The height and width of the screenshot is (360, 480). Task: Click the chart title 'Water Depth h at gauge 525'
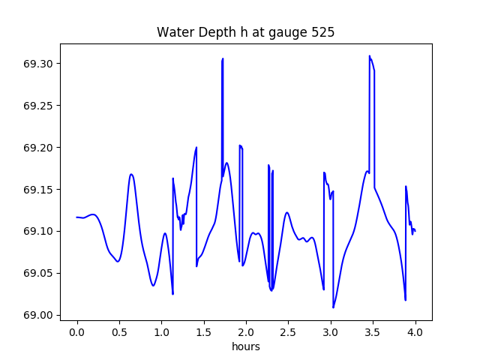tap(245, 33)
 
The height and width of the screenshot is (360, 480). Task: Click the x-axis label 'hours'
tap(245, 347)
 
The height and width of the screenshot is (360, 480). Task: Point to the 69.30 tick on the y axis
tap(38, 64)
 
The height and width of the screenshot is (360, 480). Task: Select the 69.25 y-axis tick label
tap(38, 106)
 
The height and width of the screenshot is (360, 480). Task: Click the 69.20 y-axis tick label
tap(38, 148)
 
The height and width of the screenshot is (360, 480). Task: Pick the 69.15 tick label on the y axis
tap(38, 190)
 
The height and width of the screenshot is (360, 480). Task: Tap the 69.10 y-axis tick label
tap(38, 232)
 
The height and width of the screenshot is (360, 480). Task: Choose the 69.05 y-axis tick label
tap(38, 274)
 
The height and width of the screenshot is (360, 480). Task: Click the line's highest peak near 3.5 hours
tap(370, 56)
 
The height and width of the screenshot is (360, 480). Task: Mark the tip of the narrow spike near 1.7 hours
tap(223, 58)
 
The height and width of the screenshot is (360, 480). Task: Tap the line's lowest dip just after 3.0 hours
tap(334, 307)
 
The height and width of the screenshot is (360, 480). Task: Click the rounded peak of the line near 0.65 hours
tap(131, 175)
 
